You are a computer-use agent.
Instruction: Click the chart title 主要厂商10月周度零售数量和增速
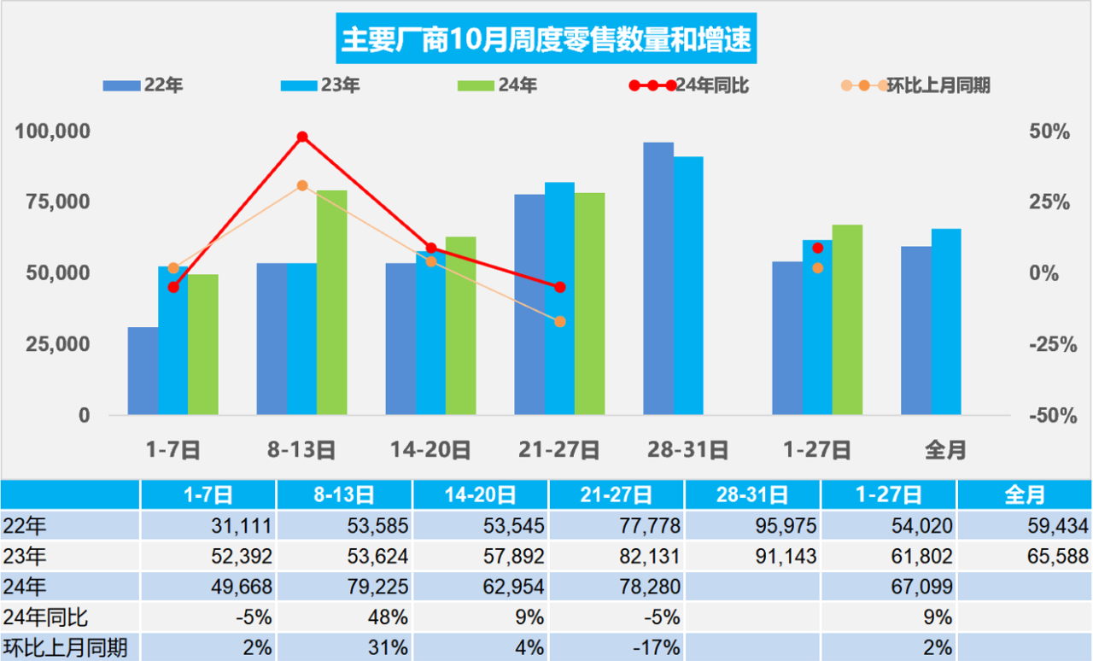(x=546, y=39)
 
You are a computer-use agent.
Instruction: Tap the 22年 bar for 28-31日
(x=658, y=278)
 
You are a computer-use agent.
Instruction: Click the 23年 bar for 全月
(x=945, y=322)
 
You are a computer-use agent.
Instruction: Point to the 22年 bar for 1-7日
(x=143, y=371)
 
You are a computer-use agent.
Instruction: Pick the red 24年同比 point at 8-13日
(x=302, y=137)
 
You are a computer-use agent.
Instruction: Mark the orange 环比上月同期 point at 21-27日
(x=560, y=322)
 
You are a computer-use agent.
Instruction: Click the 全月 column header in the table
(x=1025, y=494)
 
